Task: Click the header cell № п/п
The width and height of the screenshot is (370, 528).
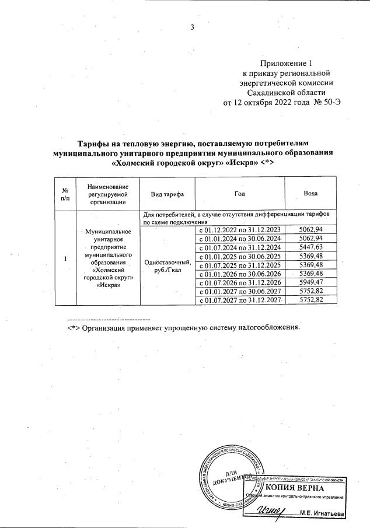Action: point(65,194)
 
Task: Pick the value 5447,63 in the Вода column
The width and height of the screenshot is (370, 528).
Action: point(310,247)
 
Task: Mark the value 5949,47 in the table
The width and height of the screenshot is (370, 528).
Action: point(310,281)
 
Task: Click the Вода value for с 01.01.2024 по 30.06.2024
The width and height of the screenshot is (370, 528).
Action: point(310,239)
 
